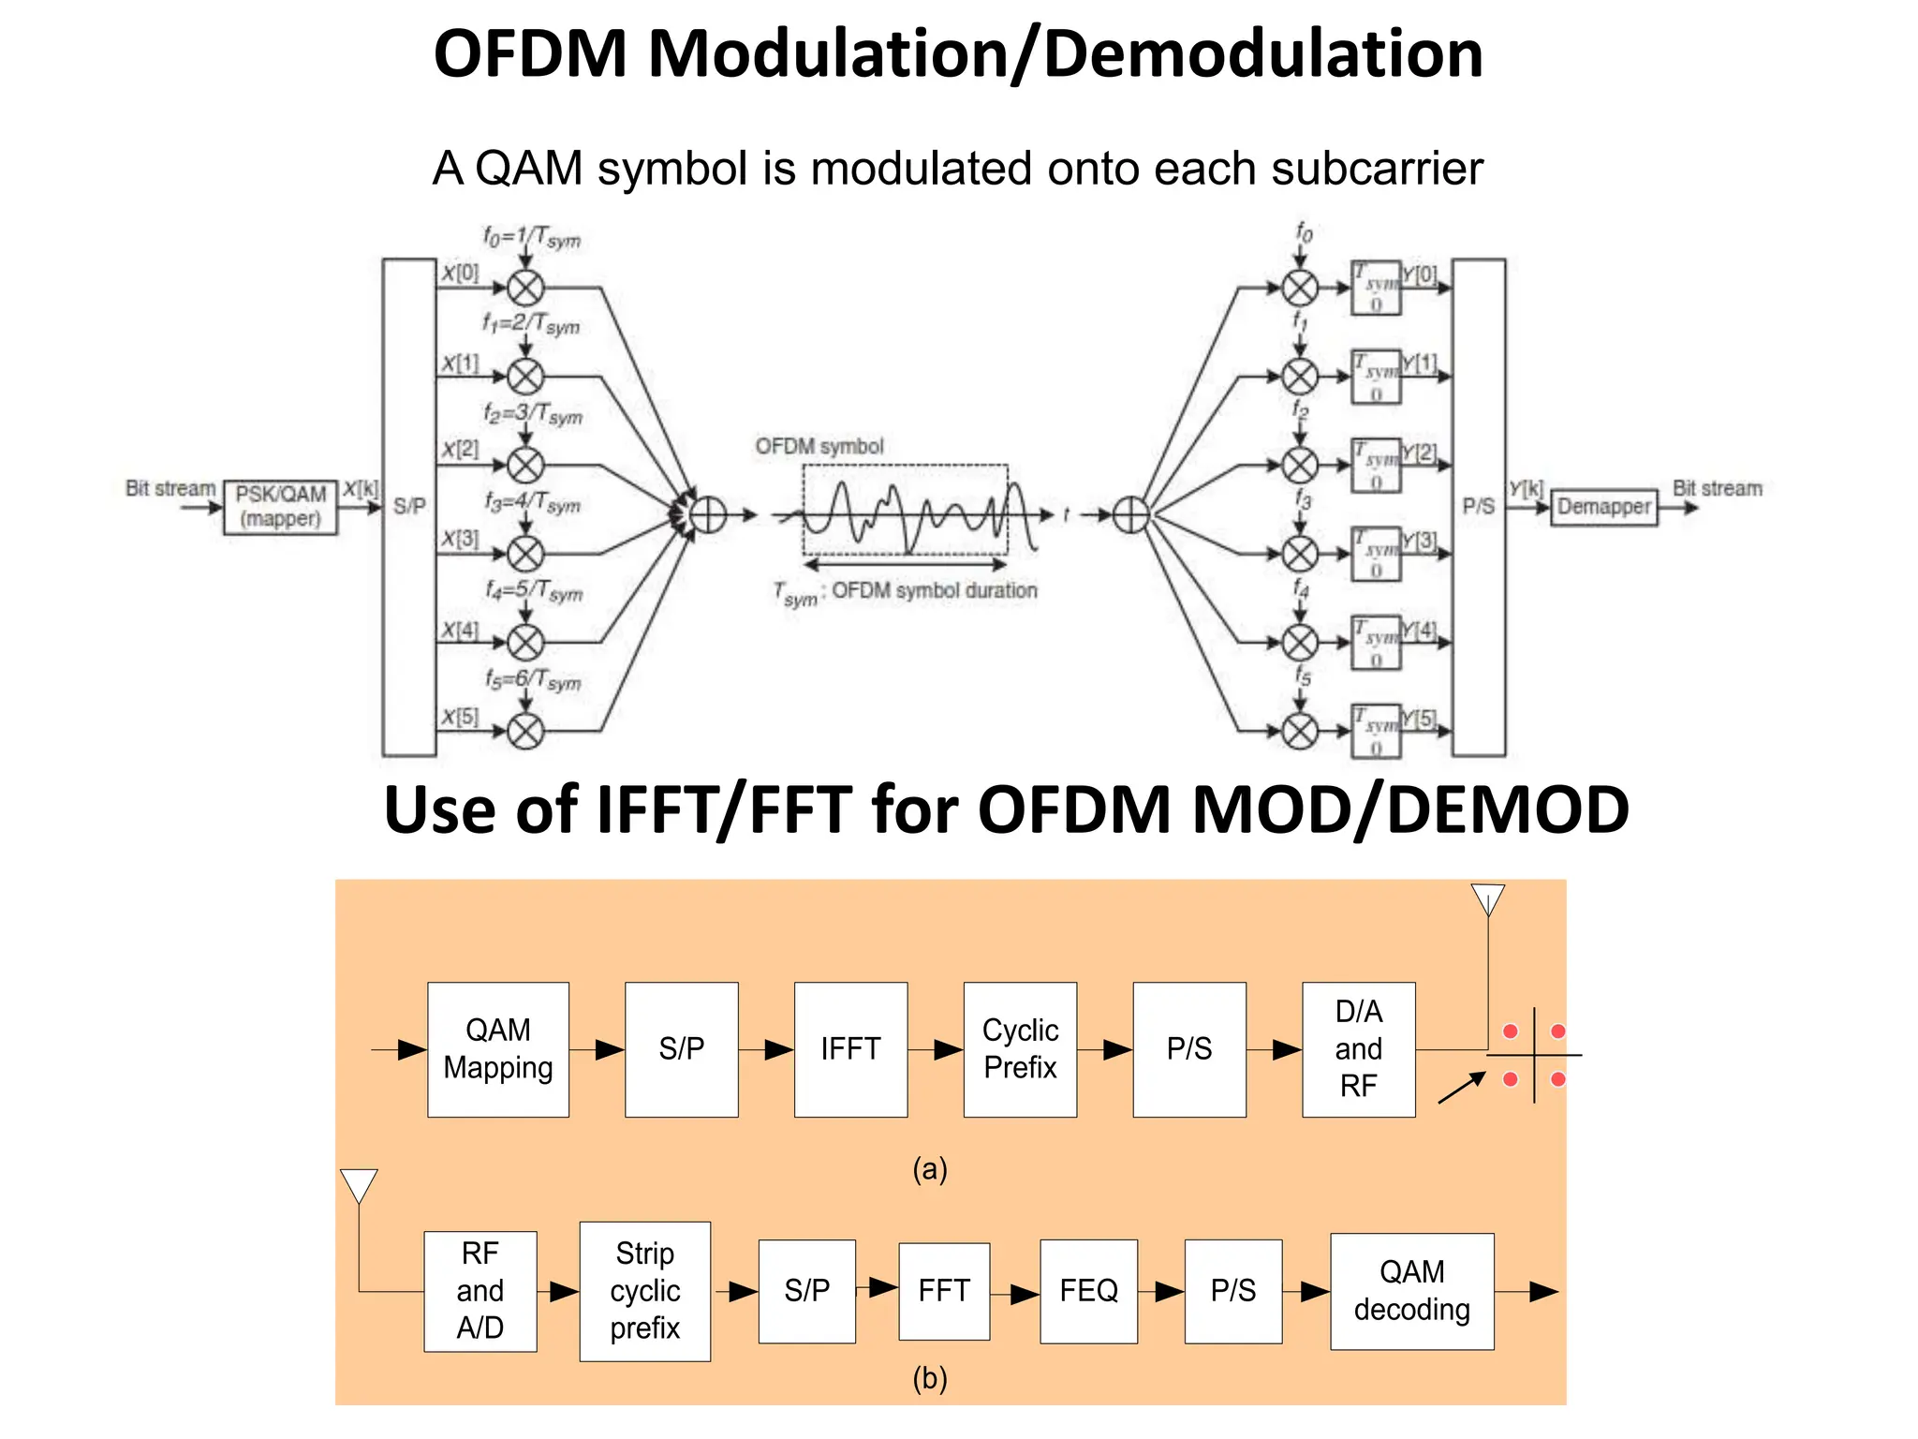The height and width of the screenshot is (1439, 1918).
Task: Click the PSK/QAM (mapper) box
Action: pyautogui.click(x=280, y=507)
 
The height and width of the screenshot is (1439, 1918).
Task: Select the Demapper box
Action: pyautogui.click(x=1603, y=507)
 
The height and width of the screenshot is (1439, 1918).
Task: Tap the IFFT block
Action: pyautogui.click(x=850, y=1048)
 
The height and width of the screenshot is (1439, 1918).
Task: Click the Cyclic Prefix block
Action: pyautogui.click(x=1020, y=1048)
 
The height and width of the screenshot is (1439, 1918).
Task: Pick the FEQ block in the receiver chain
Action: pyautogui.click(x=1088, y=1291)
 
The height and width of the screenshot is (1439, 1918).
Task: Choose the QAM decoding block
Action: pyautogui.click(x=1411, y=1291)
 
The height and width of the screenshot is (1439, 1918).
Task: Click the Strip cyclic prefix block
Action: pyautogui.click(x=644, y=1291)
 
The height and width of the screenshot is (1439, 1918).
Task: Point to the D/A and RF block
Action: pyautogui.click(x=1358, y=1048)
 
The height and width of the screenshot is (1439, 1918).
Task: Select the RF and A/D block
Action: pyautogui.click(x=479, y=1291)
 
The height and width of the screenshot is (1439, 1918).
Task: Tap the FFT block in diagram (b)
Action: pyautogui.click(x=944, y=1291)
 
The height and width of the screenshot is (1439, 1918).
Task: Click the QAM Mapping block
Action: pyautogui.click(x=498, y=1048)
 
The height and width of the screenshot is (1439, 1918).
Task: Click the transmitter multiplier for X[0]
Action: pyautogui.click(x=525, y=288)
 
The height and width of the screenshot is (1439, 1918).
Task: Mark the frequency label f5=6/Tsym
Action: pyautogui.click(x=533, y=679)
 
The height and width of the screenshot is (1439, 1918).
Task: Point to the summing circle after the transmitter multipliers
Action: pyautogui.click(x=709, y=514)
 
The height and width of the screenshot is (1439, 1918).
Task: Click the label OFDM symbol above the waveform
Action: pyautogui.click(x=819, y=446)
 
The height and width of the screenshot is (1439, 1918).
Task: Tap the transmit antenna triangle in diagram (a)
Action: pyautogui.click(x=1487, y=899)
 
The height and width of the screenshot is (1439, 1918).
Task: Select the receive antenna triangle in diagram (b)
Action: pyautogui.click(x=359, y=1184)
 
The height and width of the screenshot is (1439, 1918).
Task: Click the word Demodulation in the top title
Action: pyautogui.click(x=1262, y=53)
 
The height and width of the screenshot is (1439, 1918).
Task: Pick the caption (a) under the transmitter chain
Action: pyautogui.click(x=929, y=1168)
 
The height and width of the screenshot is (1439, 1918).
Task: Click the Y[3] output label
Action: pyautogui.click(x=1420, y=541)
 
